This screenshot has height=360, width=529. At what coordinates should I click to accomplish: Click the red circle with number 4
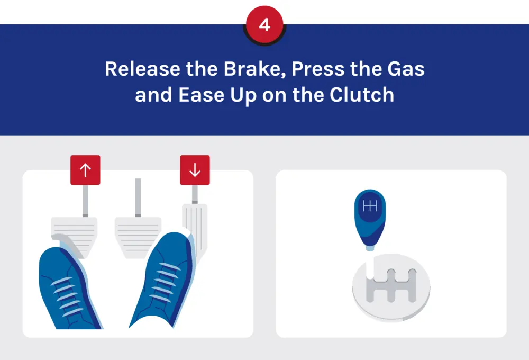tap(264, 25)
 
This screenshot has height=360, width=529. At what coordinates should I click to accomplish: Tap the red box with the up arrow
tap(85, 170)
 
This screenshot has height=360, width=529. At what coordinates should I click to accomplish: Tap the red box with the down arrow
tap(195, 170)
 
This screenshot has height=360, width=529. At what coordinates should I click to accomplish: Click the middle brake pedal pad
tap(138, 233)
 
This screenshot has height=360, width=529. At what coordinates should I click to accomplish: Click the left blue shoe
tap(69, 289)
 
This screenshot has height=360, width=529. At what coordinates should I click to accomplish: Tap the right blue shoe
tap(164, 281)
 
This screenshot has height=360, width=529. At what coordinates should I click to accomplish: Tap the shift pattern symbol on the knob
tap(370, 206)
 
